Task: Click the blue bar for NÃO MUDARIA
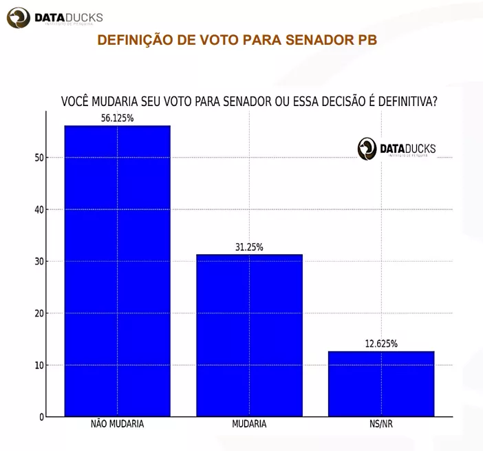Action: pyautogui.click(x=117, y=271)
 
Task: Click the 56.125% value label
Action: pyautogui.click(x=117, y=118)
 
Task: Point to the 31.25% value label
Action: pyautogui.click(x=249, y=247)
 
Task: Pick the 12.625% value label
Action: pyautogui.click(x=381, y=344)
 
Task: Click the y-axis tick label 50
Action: pyautogui.click(x=39, y=158)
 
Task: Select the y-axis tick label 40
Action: pyautogui.click(x=39, y=209)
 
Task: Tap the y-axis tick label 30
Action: pyautogui.click(x=39, y=262)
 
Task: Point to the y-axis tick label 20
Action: pyautogui.click(x=39, y=313)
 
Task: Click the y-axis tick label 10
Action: pyautogui.click(x=39, y=365)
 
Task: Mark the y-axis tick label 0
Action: pyautogui.click(x=41, y=417)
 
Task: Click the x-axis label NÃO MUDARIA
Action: pyautogui.click(x=117, y=424)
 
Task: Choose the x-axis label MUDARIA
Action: pyautogui.click(x=249, y=424)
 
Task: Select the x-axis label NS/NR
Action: pyautogui.click(x=381, y=424)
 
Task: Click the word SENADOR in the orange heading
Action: pyautogui.click(x=312, y=40)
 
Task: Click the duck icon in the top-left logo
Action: pyautogui.click(x=19, y=17)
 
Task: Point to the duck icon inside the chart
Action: pyautogui.click(x=367, y=148)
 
